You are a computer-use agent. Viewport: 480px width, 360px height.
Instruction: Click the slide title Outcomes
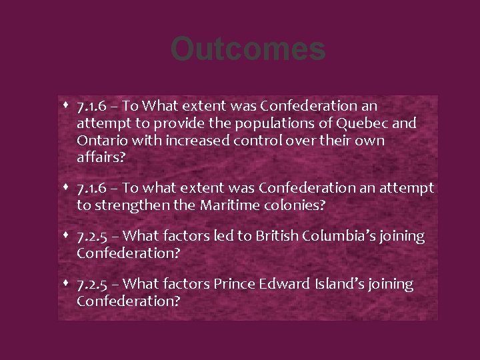tap(247, 49)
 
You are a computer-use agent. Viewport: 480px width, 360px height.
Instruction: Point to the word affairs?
tap(100, 158)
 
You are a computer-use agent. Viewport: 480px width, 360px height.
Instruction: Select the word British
tap(275, 236)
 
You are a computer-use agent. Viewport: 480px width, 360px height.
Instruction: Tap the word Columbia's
tap(341, 236)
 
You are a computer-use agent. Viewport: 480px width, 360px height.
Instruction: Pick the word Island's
tap(339, 285)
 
